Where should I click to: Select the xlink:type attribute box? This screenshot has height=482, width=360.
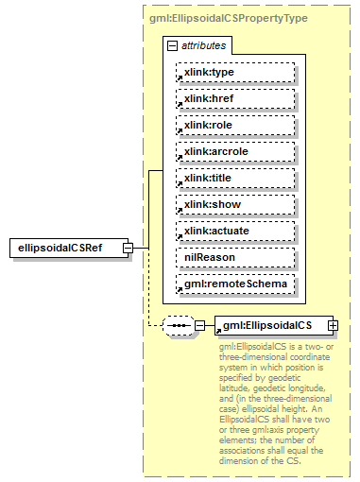235,72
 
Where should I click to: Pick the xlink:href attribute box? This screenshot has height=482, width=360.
235,98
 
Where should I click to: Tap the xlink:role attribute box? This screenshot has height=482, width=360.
235,125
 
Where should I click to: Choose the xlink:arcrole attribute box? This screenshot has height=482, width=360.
235,151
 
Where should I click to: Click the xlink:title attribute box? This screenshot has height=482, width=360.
235,178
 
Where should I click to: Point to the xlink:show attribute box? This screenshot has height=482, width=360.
235,204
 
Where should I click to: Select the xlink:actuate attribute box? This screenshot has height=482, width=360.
235,231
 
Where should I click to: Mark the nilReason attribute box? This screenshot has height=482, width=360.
235,257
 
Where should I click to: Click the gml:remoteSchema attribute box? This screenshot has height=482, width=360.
235,284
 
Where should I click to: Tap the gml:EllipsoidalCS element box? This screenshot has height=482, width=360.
269,326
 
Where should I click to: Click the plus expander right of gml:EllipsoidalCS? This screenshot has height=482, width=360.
333,326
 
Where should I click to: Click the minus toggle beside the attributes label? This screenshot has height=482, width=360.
171,45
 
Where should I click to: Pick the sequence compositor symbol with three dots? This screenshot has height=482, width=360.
178,326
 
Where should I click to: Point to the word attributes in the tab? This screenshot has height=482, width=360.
203,45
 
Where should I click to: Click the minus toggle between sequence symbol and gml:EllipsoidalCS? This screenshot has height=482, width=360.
200,326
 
